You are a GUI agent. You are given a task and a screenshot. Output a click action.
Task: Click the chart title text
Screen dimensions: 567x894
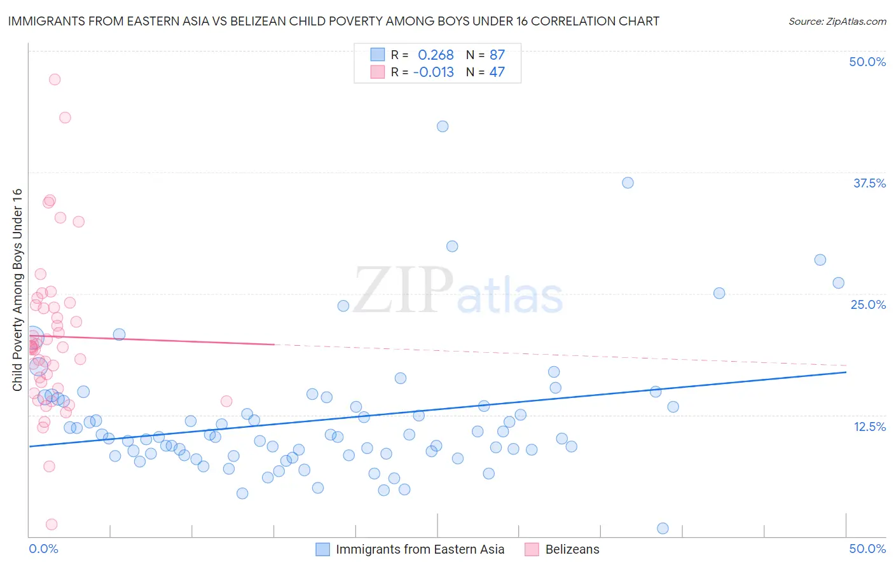(333, 21)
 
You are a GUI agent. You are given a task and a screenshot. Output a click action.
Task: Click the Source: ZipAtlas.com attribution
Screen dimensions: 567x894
(837, 22)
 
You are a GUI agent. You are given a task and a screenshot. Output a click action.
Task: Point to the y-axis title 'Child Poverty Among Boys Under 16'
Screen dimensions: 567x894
(18, 290)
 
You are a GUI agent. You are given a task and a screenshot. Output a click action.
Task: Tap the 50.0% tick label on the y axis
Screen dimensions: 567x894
(867, 62)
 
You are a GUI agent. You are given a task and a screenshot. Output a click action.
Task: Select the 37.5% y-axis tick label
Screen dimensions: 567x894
(869, 183)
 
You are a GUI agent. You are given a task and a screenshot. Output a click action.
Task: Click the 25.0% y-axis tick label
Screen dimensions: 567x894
(868, 304)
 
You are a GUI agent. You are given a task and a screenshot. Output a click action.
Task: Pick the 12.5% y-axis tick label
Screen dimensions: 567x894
(869, 427)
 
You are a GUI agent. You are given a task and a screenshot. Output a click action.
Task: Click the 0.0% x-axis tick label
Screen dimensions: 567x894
(43, 549)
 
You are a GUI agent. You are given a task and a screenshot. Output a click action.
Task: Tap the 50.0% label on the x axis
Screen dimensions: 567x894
(867, 549)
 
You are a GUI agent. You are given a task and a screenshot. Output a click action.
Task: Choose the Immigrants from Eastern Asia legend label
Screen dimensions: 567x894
(420, 549)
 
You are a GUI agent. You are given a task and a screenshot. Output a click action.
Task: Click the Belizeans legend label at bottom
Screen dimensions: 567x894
(572, 549)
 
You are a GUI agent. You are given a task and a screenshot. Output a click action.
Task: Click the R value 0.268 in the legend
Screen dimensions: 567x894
(436, 55)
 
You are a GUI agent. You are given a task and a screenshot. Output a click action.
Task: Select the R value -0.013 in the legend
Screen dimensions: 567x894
(433, 72)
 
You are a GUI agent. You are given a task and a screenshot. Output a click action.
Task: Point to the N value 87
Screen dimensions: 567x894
(497, 55)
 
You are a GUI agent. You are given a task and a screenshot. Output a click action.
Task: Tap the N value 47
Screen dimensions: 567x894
(497, 72)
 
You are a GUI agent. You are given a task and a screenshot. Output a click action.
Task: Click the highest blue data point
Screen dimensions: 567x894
(443, 126)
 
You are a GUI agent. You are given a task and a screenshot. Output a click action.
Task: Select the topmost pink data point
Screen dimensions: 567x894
(55, 79)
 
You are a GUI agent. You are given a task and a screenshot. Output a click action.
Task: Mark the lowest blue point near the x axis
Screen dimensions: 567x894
(663, 528)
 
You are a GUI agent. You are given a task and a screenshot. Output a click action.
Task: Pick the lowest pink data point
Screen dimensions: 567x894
(52, 524)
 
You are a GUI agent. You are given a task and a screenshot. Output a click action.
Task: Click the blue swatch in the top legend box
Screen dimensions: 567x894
(378, 55)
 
